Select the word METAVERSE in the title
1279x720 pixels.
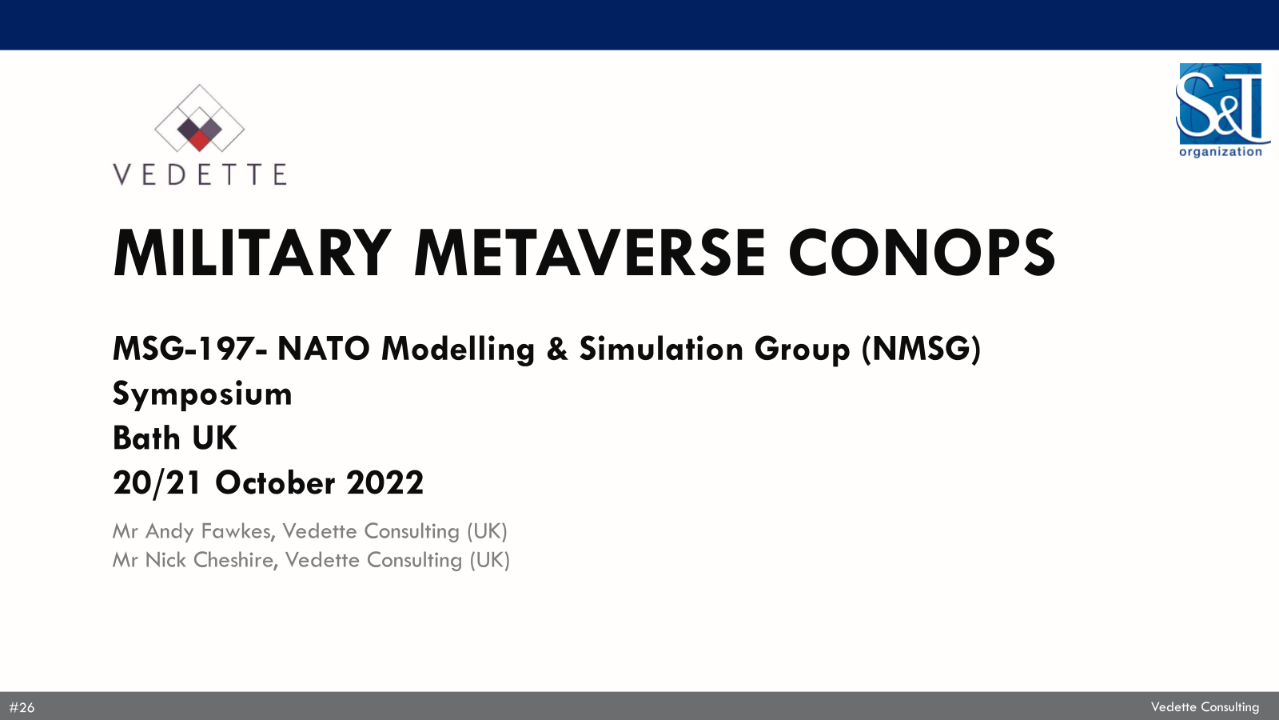pyautogui.click(x=589, y=253)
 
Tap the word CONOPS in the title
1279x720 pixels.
pyautogui.click(x=922, y=253)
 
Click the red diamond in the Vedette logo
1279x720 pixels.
pyautogui.click(x=199, y=140)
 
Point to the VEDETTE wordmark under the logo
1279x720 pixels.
pyautogui.click(x=199, y=174)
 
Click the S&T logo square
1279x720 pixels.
pyautogui.click(x=1220, y=103)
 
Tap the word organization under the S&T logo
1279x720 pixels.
pyautogui.click(x=1220, y=151)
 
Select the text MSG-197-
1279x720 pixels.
pyautogui.click(x=189, y=349)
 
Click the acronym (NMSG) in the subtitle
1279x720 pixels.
pyautogui.click(x=921, y=349)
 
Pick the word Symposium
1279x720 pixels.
pyautogui.click(x=202, y=394)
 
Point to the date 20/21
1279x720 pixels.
pyautogui.click(x=157, y=483)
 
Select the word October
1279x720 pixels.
pyautogui.click(x=275, y=483)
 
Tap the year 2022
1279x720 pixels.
pyautogui.click(x=384, y=483)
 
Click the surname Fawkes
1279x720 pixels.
pyautogui.click(x=239, y=531)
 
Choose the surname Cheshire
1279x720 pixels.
pyautogui.click(x=236, y=560)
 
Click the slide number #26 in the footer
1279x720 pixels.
pyautogui.click(x=22, y=707)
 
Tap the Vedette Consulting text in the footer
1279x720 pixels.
pyautogui.click(x=1205, y=707)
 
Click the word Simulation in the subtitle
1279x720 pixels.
pyautogui.click(x=660, y=349)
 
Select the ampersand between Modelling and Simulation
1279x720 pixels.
pyautogui.click(x=556, y=349)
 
